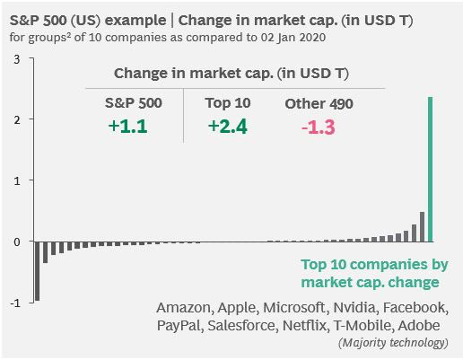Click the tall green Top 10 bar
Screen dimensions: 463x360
click(x=430, y=169)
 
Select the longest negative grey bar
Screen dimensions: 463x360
click(x=38, y=271)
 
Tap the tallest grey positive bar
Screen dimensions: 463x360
click(x=422, y=226)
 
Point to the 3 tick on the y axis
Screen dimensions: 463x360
click(x=17, y=59)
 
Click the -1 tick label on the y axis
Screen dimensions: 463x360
click(x=15, y=303)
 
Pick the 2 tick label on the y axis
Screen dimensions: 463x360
click(x=17, y=120)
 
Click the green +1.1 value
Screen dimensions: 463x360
click(x=128, y=126)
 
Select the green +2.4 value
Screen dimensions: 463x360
click(x=228, y=126)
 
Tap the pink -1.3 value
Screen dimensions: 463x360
click(x=319, y=127)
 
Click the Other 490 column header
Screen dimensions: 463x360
click(x=319, y=103)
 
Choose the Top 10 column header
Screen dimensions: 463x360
click(x=228, y=103)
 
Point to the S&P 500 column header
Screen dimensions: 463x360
click(x=134, y=103)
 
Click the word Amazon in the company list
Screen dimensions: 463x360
click(x=185, y=307)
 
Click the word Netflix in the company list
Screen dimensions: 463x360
click(x=304, y=325)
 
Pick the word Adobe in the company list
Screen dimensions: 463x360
click(x=419, y=325)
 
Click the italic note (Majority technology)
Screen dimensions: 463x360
click(x=393, y=342)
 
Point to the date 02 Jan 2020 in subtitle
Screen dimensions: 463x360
click(x=293, y=38)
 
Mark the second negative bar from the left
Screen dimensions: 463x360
click(x=46, y=252)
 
